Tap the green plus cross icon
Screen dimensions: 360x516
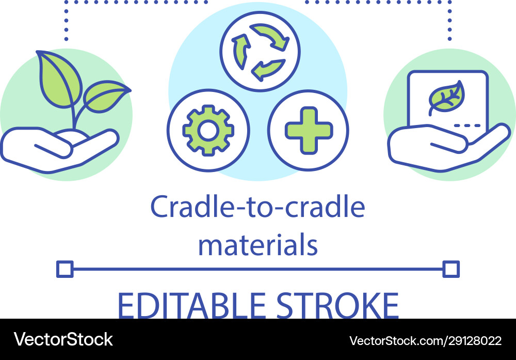click(309, 130)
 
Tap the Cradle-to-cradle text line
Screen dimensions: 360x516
click(257, 208)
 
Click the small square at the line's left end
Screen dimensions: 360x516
click(64, 269)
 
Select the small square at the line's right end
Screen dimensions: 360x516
click(451, 269)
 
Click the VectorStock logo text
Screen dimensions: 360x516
click(63, 340)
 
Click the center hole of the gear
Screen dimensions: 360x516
click(208, 131)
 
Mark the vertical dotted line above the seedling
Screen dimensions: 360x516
click(66, 21)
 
